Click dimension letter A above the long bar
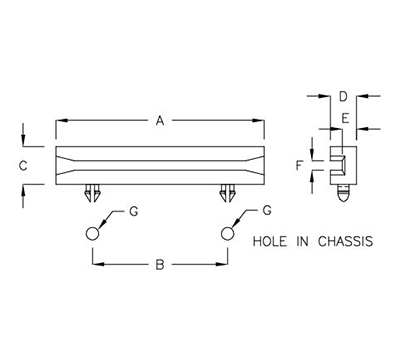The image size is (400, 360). pyautogui.click(x=159, y=121)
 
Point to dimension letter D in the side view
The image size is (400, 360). pyautogui.click(x=342, y=97)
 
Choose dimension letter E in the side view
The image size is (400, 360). pyautogui.click(x=343, y=118)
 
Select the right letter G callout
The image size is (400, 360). pyautogui.click(x=266, y=211)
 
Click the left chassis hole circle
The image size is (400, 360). pyautogui.click(x=93, y=233)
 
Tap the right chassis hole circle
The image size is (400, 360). pyautogui.click(x=228, y=233)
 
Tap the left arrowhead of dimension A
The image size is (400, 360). pyautogui.click(x=59, y=121)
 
